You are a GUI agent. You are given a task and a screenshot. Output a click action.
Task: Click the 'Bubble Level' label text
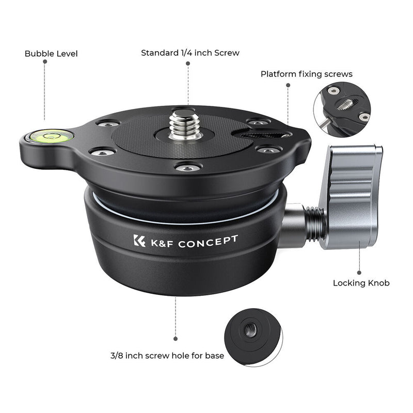tap(51, 54)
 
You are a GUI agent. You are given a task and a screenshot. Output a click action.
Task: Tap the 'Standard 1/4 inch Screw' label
tap(190, 53)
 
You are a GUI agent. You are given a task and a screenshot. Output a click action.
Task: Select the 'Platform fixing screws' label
tap(306, 74)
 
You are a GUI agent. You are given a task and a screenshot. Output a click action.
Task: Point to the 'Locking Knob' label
tap(361, 283)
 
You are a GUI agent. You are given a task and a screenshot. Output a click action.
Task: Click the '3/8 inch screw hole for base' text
tap(167, 356)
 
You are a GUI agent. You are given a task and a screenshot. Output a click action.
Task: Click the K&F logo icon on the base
tap(139, 241)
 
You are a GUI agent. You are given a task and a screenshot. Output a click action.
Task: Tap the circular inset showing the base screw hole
tap(252, 338)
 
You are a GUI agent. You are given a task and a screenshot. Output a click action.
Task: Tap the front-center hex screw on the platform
tap(188, 167)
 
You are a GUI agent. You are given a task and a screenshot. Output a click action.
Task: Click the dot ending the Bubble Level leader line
tap(45, 61)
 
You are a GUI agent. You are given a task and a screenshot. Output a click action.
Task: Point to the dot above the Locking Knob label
tap(360, 272)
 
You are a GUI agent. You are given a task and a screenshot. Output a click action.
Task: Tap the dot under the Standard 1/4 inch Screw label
tap(188, 62)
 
